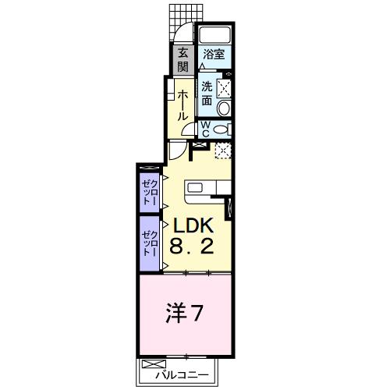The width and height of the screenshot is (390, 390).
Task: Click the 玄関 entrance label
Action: point(183,60)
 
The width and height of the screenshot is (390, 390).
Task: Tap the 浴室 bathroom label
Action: point(214,55)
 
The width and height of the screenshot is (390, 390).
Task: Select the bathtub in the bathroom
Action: point(214,34)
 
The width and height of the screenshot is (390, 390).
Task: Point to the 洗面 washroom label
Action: point(207,94)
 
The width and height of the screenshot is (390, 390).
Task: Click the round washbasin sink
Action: point(224,108)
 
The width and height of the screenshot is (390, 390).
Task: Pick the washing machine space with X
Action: point(224,88)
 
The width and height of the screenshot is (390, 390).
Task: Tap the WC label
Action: point(206,129)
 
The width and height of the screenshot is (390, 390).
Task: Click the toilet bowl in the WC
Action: point(221,129)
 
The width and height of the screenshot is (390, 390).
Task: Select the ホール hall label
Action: point(183,105)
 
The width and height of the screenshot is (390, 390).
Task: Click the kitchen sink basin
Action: point(195,187)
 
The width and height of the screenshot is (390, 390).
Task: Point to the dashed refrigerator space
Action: point(223,151)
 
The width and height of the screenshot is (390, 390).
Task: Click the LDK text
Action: point(193,225)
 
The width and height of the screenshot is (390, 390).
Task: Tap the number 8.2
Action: point(192,246)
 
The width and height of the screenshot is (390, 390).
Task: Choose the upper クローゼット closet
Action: point(150,192)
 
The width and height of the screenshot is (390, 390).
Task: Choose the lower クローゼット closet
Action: point(150,243)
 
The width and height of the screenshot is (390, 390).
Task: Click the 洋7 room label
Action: point(184,314)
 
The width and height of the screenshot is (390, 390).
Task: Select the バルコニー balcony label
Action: point(182,375)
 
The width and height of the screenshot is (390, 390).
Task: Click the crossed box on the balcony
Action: point(154,363)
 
